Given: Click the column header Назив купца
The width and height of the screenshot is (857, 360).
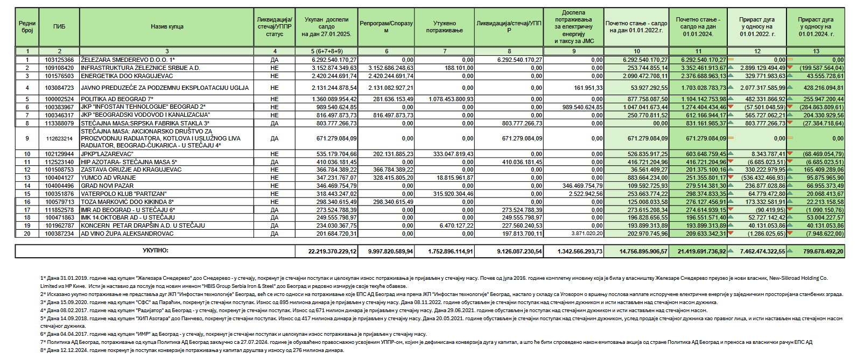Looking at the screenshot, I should click(167, 26).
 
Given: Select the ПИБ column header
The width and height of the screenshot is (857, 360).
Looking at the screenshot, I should click(59, 26).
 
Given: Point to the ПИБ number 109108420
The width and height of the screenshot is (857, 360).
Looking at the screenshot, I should click(59, 68).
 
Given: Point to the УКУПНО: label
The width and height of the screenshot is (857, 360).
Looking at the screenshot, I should click(156, 250).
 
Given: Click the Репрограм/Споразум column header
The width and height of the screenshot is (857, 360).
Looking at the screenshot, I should click(386, 26).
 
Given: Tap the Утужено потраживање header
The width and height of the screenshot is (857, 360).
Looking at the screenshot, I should click(445, 26).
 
